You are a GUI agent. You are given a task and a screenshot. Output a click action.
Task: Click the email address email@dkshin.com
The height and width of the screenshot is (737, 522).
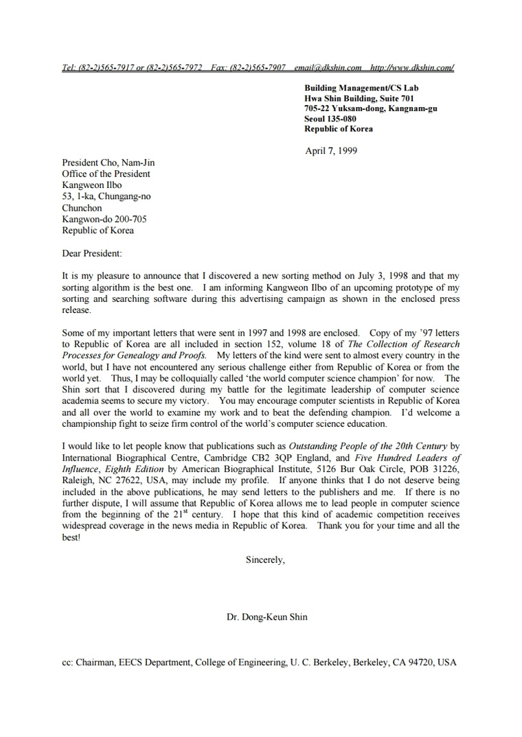(328, 67)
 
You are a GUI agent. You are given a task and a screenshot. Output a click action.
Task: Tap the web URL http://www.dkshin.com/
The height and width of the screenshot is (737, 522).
(412, 67)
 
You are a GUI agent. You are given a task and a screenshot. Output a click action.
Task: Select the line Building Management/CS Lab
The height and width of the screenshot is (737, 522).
(361, 88)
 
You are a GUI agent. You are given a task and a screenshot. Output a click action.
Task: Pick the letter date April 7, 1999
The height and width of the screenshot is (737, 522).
(331, 150)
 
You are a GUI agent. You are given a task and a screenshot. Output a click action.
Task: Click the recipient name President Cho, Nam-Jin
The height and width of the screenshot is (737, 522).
(109, 163)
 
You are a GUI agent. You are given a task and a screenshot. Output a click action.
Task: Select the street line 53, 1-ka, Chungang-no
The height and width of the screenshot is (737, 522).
(106, 196)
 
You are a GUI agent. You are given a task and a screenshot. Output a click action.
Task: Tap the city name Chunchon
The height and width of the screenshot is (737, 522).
(82, 208)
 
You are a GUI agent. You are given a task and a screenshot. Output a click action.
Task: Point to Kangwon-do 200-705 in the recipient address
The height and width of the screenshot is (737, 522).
(104, 219)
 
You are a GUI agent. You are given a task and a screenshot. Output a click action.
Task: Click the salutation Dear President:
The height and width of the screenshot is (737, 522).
(91, 253)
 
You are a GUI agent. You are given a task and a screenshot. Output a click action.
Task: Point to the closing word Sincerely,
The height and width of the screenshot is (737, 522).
(265, 559)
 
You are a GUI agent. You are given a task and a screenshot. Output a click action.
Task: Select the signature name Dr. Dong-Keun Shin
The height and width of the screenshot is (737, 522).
(267, 617)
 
